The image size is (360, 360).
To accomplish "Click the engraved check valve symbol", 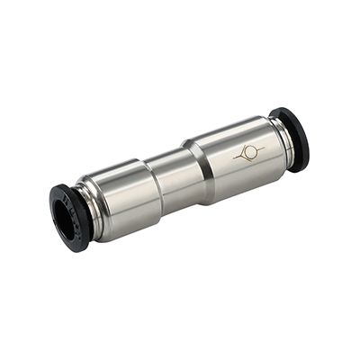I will pyautogui.click(x=248, y=154).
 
